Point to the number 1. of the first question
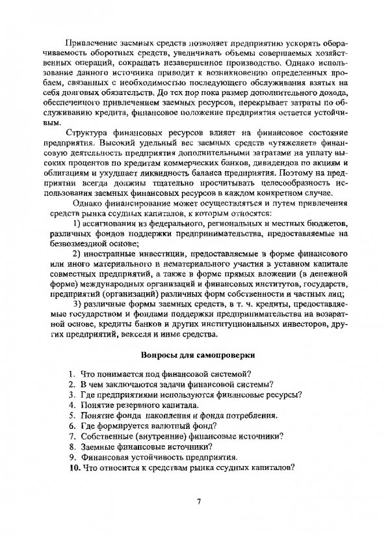tap(75, 374)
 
